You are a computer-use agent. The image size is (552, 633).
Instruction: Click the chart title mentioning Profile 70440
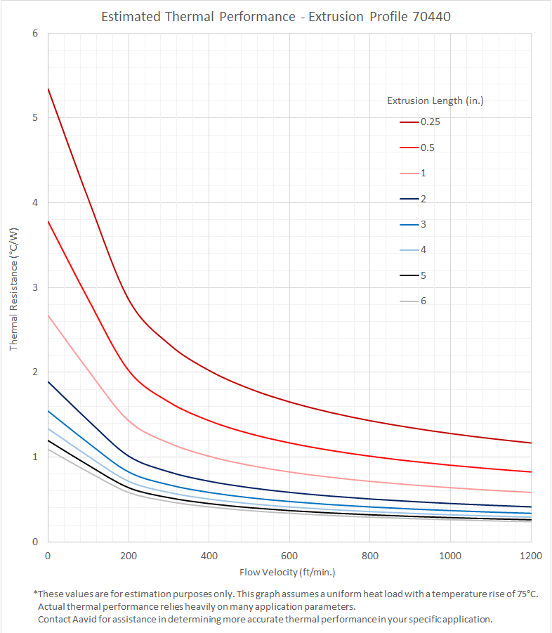click(x=275, y=16)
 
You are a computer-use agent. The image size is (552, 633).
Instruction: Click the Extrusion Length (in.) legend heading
click(x=435, y=100)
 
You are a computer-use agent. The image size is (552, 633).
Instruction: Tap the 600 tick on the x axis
click(x=289, y=556)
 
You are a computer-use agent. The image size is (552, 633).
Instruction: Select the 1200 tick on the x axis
click(x=530, y=556)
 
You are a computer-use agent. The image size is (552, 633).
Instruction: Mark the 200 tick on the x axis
click(x=129, y=556)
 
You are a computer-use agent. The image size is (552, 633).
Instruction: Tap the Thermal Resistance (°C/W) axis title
click(x=13, y=288)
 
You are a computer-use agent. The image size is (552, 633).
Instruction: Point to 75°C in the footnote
click(x=525, y=594)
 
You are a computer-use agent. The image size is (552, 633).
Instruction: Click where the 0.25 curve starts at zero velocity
click(x=48, y=89)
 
